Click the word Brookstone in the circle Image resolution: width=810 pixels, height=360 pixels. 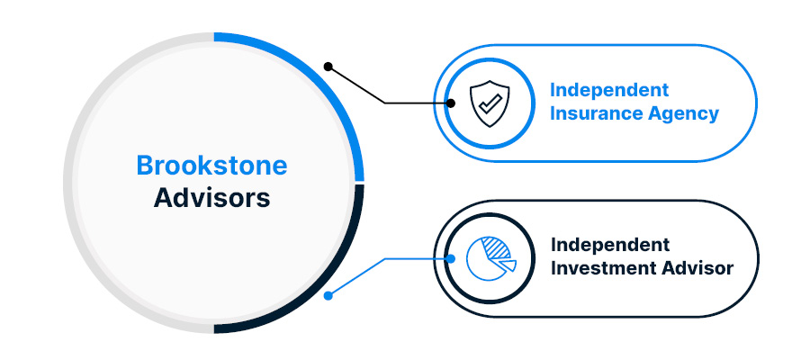click(211, 166)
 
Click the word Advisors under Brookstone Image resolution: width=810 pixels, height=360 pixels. click(211, 197)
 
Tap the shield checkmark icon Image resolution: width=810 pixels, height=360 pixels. click(489, 103)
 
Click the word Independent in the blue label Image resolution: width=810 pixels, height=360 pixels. click(609, 90)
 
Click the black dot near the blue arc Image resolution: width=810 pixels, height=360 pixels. click(328, 66)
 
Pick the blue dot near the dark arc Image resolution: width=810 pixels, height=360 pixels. click(328, 294)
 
